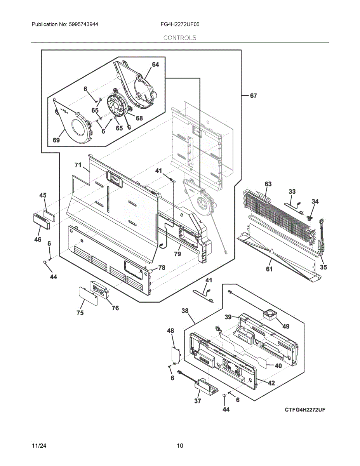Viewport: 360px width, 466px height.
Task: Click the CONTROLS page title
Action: (x=180, y=38)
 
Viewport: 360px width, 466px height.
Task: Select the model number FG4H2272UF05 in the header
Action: (x=180, y=24)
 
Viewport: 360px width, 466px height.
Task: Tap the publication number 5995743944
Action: (x=83, y=24)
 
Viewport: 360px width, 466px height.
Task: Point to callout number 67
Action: (x=253, y=96)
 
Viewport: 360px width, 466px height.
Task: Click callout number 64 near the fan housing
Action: (x=155, y=64)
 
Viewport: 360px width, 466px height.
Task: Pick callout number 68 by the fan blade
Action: (x=139, y=118)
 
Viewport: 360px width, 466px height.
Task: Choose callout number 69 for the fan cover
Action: (x=56, y=140)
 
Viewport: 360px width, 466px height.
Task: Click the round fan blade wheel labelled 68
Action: (x=118, y=106)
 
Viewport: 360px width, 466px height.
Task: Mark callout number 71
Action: (x=78, y=165)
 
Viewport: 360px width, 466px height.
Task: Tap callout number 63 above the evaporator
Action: (x=268, y=184)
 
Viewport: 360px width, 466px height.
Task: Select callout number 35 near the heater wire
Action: (x=323, y=267)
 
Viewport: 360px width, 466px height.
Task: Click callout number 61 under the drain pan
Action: (x=269, y=269)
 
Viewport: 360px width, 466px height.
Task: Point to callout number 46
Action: (x=38, y=239)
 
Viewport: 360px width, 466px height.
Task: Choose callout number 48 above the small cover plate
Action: (x=170, y=331)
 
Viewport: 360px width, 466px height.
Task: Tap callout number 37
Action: (x=197, y=401)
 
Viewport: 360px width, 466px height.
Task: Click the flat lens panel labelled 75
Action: (x=88, y=296)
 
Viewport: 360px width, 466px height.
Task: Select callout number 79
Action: (x=177, y=254)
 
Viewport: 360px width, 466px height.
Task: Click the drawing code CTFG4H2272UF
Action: (x=305, y=410)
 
